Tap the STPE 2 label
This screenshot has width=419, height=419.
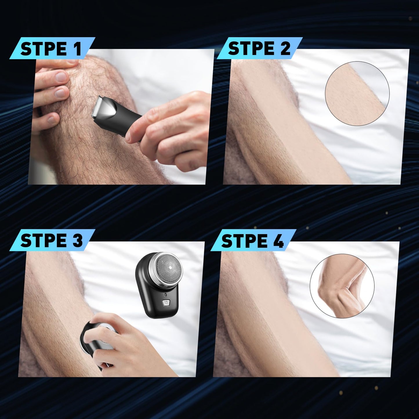click(259, 48)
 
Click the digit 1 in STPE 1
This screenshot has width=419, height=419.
click(77, 49)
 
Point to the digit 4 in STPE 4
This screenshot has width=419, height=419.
click(279, 241)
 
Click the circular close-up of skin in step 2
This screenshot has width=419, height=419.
click(357, 93)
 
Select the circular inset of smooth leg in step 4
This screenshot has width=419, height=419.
click(342, 286)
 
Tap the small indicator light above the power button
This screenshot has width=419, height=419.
click(165, 294)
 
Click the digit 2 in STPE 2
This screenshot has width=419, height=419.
click(285, 48)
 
